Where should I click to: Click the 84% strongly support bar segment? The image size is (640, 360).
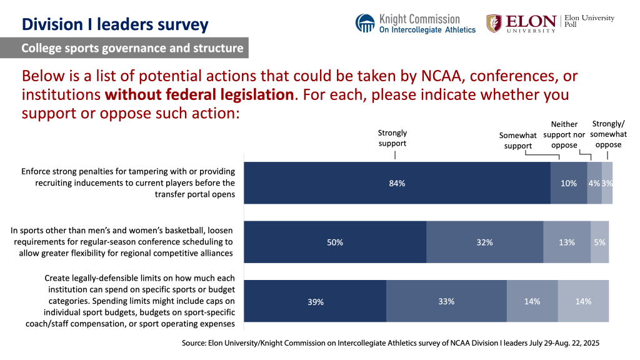397,183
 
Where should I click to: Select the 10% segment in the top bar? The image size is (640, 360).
569,183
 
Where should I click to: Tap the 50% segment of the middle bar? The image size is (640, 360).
335,242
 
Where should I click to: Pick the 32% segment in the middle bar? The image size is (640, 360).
484,242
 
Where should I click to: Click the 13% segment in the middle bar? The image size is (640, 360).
567,242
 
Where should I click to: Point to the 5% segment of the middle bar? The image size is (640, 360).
600,242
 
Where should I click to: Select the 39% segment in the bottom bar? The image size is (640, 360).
315,301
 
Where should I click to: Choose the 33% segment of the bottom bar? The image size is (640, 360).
446,301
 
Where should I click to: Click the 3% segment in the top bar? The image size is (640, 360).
607,183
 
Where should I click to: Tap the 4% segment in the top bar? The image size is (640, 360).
594,183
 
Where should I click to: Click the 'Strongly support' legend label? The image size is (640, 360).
392,138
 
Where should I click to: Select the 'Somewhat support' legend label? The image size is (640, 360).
518,141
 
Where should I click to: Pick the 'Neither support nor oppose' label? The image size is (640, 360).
564,134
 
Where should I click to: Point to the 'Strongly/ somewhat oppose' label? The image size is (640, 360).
608,134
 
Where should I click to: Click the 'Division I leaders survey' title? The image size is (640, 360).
115,25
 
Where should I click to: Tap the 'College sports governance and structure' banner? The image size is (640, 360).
132,48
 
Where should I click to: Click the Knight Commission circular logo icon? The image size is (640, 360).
365,23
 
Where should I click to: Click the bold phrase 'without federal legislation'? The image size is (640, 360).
199,96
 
